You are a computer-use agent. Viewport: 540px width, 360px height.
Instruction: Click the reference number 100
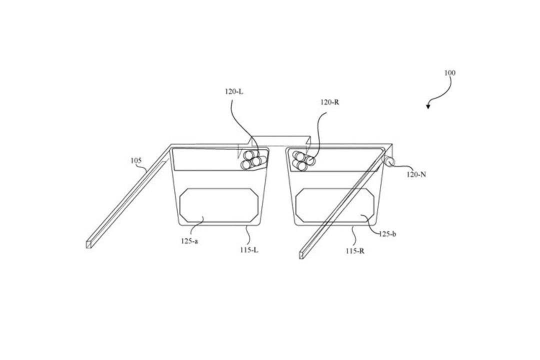tap(450, 72)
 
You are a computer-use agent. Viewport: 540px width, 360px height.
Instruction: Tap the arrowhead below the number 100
tap(428, 106)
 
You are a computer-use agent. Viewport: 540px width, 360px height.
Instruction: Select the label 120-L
tap(234, 91)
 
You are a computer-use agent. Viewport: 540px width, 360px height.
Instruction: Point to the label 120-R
tap(330, 102)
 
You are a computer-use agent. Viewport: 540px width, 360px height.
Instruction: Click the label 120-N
tap(416, 174)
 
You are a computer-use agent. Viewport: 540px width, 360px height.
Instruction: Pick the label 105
tap(136, 160)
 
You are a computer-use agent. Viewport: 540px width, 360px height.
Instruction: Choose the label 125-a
tap(189, 241)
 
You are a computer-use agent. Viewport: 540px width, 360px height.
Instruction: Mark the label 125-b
tap(387, 234)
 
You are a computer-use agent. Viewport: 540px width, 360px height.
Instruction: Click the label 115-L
tap(249, 250)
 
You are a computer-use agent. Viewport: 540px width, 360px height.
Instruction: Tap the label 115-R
tap(355, 251)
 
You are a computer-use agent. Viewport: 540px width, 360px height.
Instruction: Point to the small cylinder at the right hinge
tap(390, 161)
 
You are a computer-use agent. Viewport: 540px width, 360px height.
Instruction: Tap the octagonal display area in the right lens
tap(334, 205)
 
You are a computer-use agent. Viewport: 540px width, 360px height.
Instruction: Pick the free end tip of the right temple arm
tap(301, 255)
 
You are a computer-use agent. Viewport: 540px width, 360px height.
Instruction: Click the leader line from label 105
tap(144, 167)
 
